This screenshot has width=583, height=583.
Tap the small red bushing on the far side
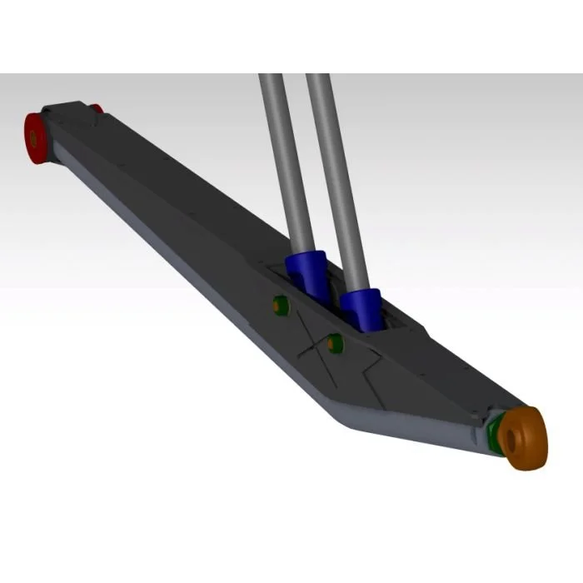(x=97, y=108)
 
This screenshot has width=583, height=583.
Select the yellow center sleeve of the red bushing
(x=33, y=136)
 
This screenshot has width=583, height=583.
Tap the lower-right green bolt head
(x=336, y=342)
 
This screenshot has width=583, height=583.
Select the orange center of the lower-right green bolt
(x=335, y=342)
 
